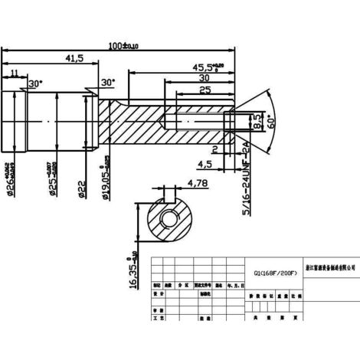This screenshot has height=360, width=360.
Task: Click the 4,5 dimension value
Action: (205, 163)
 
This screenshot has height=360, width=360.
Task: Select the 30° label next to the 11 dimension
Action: (33, 83)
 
